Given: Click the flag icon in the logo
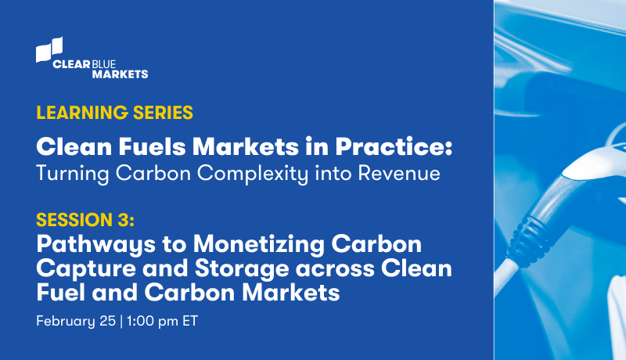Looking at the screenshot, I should tap(49, 49).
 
